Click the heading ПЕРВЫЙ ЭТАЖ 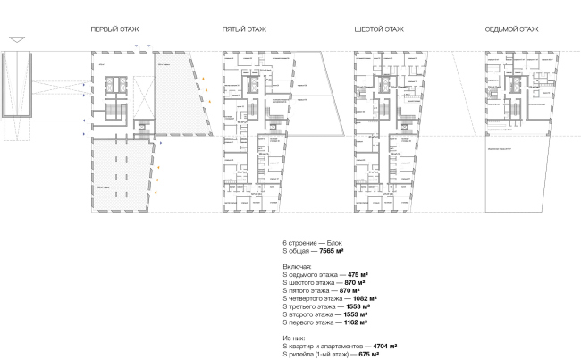(114, 29)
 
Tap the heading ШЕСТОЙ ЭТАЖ (379, 29)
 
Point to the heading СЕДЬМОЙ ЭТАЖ (512, 29)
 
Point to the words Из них (294, 337)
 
